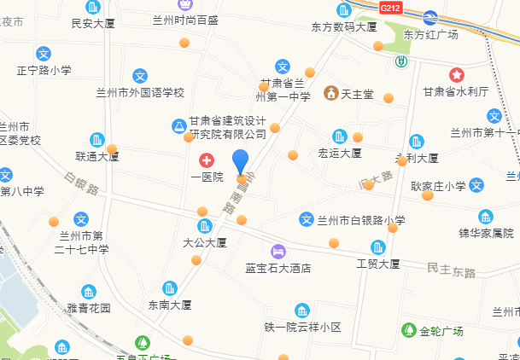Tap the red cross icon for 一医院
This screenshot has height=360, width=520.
click(206, 160)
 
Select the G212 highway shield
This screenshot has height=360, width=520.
click(390, 8)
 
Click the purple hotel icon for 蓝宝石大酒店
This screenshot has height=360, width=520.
click(278, 251)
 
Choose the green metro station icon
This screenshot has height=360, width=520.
click(400, 61)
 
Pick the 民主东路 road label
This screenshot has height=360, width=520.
click(451, 270)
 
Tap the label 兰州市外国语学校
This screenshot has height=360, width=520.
click(140, 92)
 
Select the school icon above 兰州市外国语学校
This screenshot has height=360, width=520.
click(139, 76)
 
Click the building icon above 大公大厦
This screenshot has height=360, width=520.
click(204, 226)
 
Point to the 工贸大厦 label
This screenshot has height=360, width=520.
click(377, 264)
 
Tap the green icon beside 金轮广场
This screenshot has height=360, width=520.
click(408, 330)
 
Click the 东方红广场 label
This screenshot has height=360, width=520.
click(431, 35)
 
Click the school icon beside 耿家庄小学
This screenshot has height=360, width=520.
click(476, 185)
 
